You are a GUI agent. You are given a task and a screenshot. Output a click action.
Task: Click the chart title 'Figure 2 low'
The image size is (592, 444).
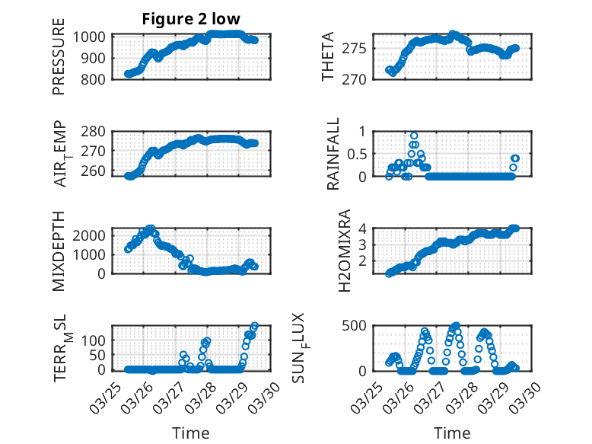click(191, 20)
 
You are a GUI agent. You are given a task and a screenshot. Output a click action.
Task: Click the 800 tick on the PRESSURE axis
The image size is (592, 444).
click(97, 78)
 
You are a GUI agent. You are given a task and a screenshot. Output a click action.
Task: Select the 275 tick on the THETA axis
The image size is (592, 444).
click(360, 49)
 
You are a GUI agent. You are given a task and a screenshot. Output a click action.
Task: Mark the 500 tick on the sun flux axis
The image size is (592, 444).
click(358, 325)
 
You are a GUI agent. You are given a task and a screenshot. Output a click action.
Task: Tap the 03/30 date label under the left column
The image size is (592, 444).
click(272, 397)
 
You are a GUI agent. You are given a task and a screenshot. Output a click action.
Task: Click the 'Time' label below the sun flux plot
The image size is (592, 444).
click(452, 433)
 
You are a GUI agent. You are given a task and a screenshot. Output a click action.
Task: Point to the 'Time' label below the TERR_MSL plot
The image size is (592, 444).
click(191, 433)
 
